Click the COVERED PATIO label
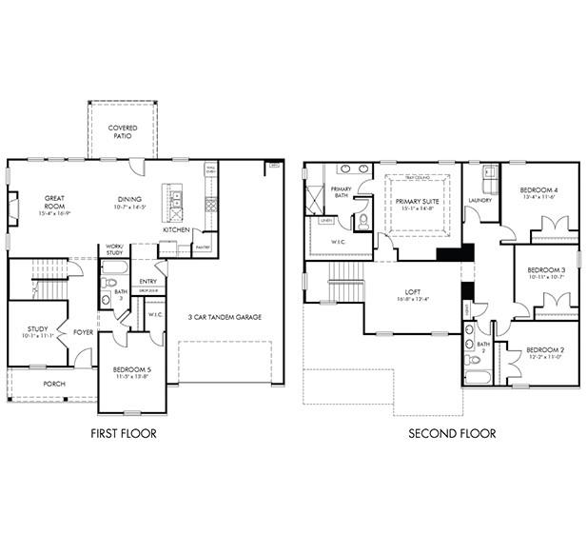[x=122, y=132]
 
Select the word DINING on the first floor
[x=129, y=198]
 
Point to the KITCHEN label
[x=176, y=230]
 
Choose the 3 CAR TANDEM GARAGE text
[x=224, y=317]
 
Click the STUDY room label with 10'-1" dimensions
[x=37, y=329]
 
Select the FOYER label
[x=84, y=333]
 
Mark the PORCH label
[x=54, y=384]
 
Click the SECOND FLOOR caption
[x=452, y=433]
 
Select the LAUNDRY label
[x=479, y=200]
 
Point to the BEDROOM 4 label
[x=538, y=190]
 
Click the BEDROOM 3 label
[x=546, y=270]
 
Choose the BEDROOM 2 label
[x=545, y=350]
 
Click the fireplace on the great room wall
[x=12, y=208]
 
